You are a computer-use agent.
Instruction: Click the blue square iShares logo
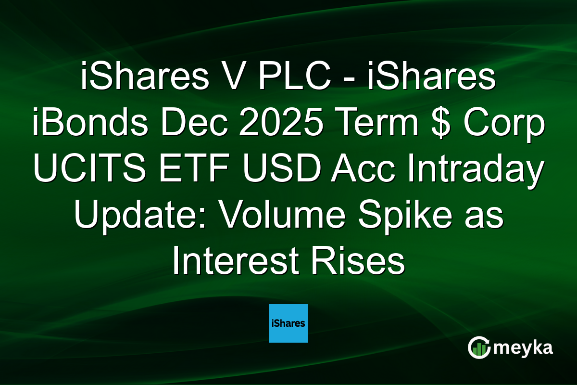point(288,323)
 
